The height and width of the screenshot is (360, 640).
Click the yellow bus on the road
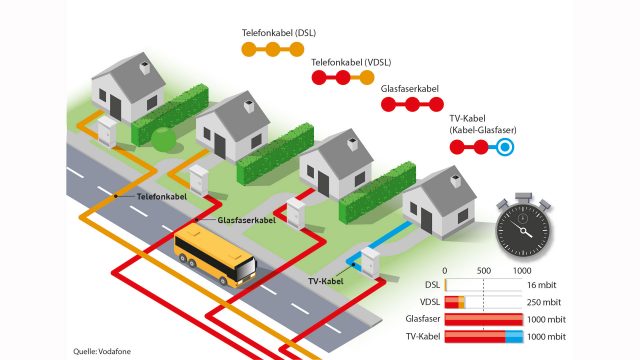click(x=214, y=257)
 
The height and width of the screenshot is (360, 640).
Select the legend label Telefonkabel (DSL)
click(x=279, y=33)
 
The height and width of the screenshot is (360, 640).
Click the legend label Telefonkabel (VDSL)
click(x=350, y=61)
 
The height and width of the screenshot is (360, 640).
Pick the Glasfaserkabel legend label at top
click(x=412, y=90)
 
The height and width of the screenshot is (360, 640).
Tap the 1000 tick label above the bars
click(x=522, y=271)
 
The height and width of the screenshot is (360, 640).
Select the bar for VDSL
click(x=455, y=301)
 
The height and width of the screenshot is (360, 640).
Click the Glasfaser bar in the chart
click(x=483, y=319)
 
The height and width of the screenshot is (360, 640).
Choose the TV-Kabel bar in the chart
click(x=483, y=336)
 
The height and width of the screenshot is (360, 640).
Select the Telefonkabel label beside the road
click(x=162, y=198)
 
